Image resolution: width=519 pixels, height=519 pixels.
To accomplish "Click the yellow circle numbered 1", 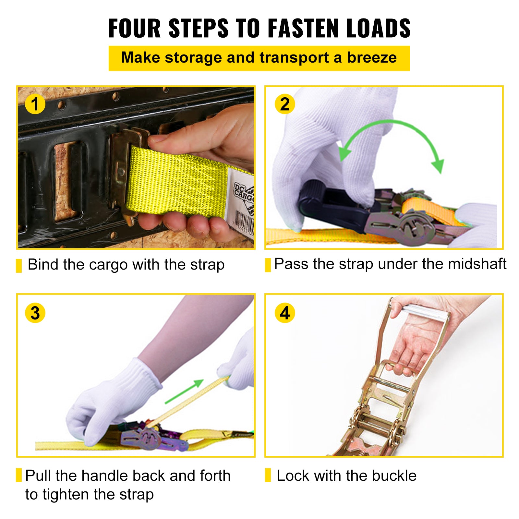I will point(35,104).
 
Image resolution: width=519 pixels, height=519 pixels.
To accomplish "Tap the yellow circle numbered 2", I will point(284,104).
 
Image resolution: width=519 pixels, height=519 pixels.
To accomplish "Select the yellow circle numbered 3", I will point(35,313).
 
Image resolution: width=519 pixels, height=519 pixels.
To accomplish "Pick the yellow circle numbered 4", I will point(284,313).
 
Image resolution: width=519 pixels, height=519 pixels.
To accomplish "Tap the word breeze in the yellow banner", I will point(372,58).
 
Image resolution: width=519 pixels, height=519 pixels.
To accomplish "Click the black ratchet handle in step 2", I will point(334,208).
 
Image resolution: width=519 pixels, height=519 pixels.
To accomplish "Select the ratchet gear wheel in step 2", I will point(412,227).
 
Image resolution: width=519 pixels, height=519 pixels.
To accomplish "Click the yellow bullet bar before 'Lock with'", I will point(268,475).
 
